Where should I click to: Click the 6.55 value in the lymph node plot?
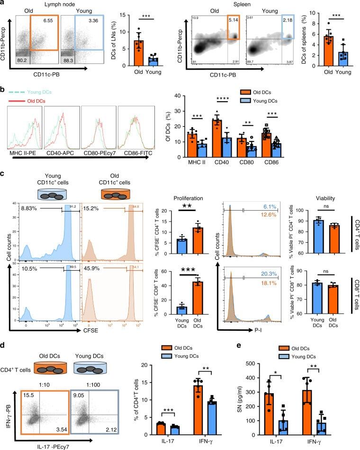46,21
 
